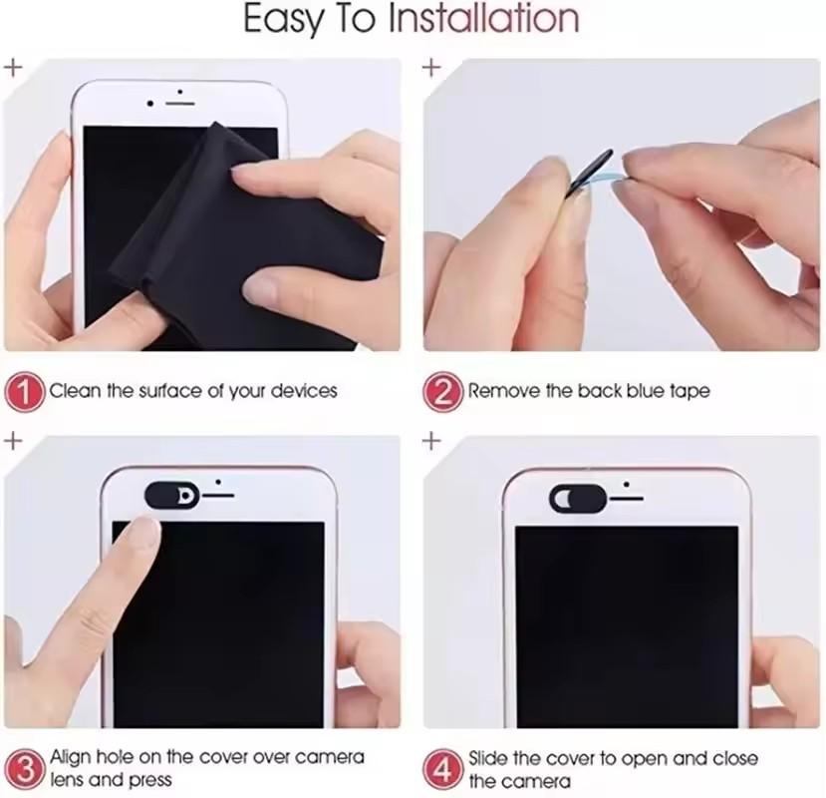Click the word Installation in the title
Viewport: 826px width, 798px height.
pyautogui.click(x=483, y=20)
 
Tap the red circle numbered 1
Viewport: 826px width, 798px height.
pyautogui.click(x=24, y=391)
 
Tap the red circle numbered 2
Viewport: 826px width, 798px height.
pyautogui.click(x=442, y=391)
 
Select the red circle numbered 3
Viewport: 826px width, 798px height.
pyautogui.click(x=24, y=768)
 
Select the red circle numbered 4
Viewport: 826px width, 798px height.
pyautogui.click(x=442, y=768)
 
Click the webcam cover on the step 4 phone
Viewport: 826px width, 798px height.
pyautogui.click(x=577, y=496)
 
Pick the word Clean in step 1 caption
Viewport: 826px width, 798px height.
pyautogui.click(x=76, y=391)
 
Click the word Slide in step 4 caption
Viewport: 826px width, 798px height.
pyautogui.click(x=490, y=759)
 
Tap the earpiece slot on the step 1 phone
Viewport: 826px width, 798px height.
pyautogui.click(x=179, y=103)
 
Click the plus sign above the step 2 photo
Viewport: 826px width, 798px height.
pyautogui.click(x=432, y=69)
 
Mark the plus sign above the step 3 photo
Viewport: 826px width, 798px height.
pyautogui.click(x=13, y=441)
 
